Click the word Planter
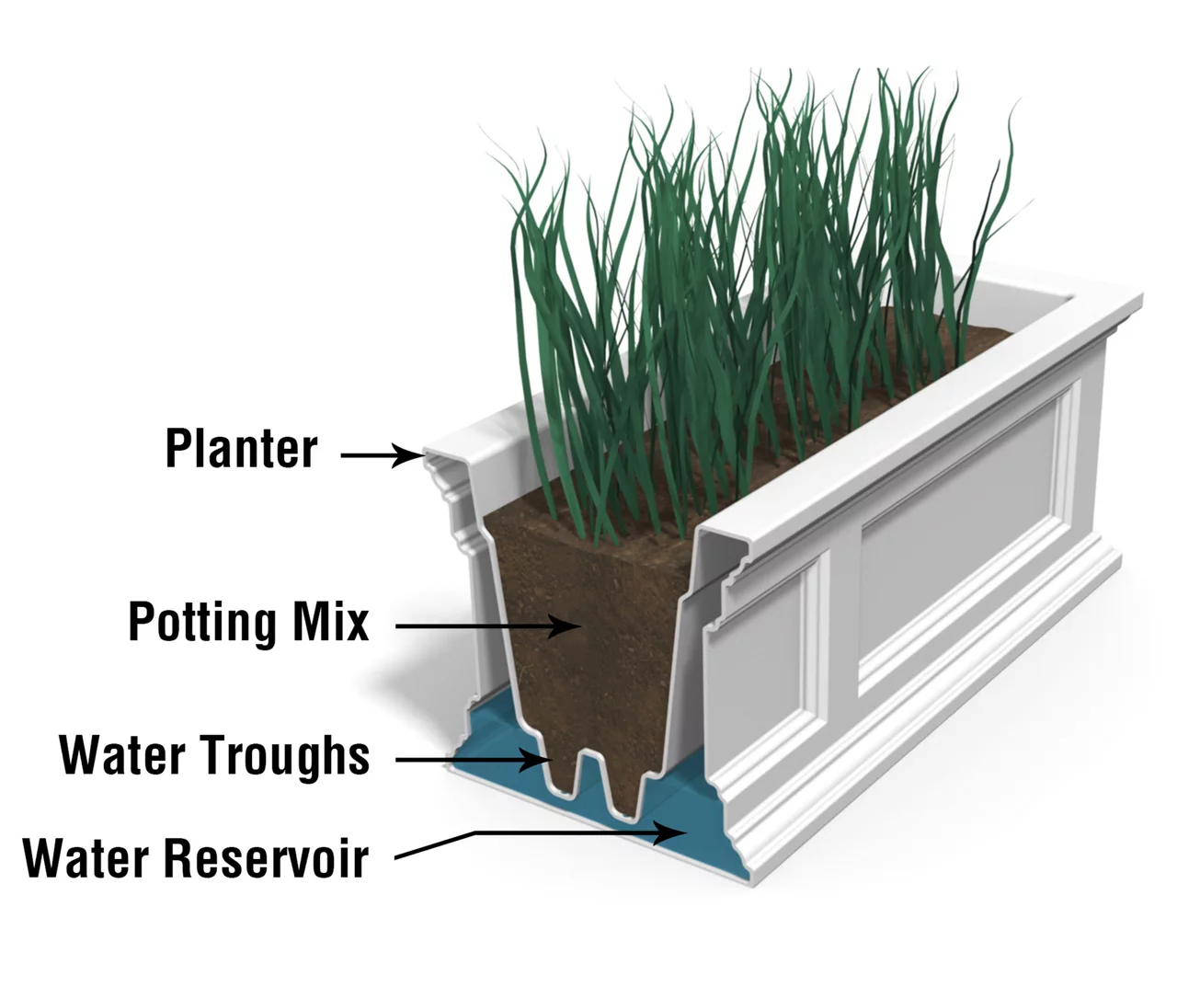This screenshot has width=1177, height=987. point(241,449)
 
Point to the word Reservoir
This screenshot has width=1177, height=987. point(267,857)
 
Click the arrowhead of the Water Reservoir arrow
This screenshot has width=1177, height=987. point(677,833)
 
